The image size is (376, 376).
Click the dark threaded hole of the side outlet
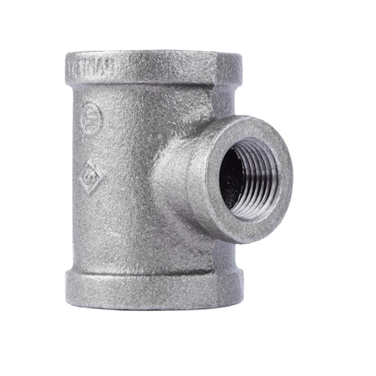pyautogui.click(x=248, y=178)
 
